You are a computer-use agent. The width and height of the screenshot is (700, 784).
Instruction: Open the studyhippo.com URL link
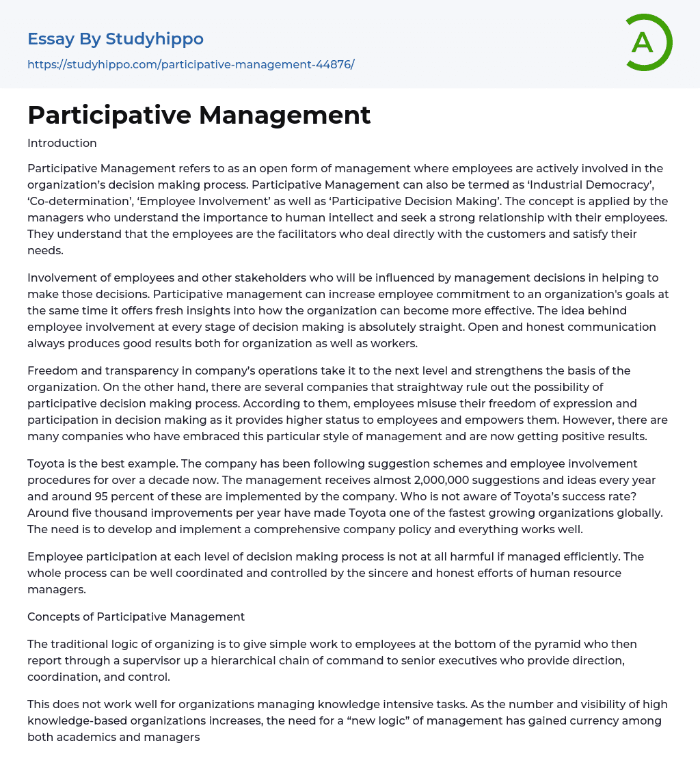click(x=191, y=64)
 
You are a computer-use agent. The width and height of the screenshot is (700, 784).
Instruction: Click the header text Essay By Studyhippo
click(x=116, y=39)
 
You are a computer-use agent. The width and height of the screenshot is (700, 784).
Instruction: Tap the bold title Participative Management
click(x=199, y=115)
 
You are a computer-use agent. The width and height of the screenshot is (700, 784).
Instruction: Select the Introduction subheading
click(x=62, y=143)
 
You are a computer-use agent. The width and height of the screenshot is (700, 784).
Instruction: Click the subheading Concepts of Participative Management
click(x=136, y=617)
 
